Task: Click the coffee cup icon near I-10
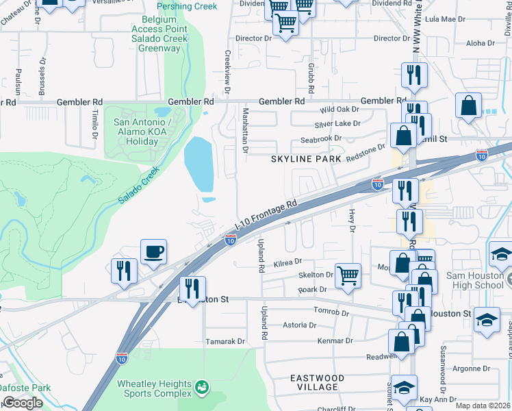[154, 251]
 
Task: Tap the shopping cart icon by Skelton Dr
[348, 276]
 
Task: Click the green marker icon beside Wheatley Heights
[201, 387]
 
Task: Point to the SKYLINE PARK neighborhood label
[305, 158]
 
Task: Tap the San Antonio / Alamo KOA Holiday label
[136, 132]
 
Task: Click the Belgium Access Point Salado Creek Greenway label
[164, 34]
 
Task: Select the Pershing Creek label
[187, 6]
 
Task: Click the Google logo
[23, 403]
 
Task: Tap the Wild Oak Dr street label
[340, 110]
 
